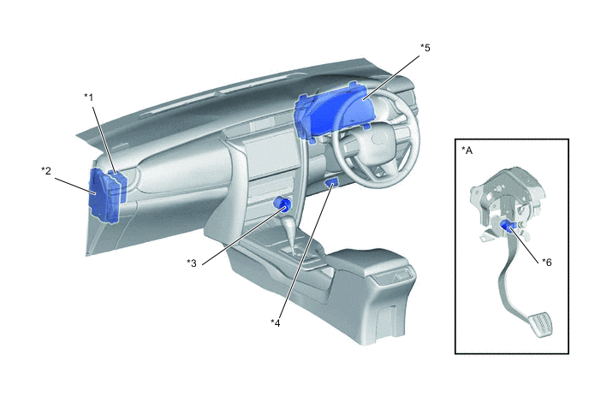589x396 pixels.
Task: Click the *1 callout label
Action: tap(88, 98)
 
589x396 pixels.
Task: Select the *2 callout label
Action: tap(46, 171)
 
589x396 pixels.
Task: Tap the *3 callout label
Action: tap(192, 263)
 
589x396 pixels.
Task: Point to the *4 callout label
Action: tap(276, 322)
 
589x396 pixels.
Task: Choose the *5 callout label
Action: tap(425, 48)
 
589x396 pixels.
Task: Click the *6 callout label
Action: tap(547, 263)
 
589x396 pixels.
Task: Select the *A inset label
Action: tap(467, 151)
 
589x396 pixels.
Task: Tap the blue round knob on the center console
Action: tap(283, 204)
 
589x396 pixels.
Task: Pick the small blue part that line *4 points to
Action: tap(331, 183)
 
